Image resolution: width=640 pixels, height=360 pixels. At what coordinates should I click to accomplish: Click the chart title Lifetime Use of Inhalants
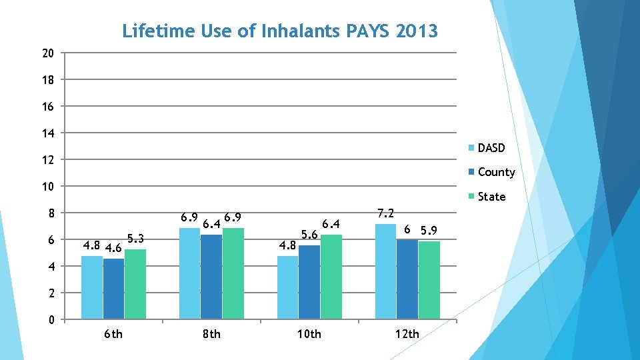pyautogui.click(x=280, y=31)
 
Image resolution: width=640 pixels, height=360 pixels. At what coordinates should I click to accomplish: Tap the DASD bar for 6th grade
pyautogui.click(x=92, y=287)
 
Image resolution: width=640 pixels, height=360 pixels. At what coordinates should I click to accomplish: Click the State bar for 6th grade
pyautogui.click(x=135, y=284)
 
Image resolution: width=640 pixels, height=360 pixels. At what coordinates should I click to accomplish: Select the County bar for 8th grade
pyautogui.click(x=211, y=277)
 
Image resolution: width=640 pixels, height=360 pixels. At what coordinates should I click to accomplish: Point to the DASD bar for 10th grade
pyautogui.click(x=287, y=287)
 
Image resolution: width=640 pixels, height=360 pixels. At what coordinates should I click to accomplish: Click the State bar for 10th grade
pyautogui.click(x=331, y=277)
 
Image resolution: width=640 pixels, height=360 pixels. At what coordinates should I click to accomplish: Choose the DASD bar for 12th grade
pyautogui.click(x=385, y=271)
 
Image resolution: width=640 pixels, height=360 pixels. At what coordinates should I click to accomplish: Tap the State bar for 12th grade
pyautogui.click(x=429, y=280)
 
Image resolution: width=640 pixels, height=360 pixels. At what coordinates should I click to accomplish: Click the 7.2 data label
pyautogui.click(x=385, y=213)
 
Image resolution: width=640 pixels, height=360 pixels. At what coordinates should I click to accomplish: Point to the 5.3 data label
pyautogui.click(x=135, y=238)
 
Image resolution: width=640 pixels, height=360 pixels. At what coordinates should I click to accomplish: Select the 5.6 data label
pyautogui.click(x=308, y=234)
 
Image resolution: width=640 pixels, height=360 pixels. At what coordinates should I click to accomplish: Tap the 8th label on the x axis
pyautogui.click(x=211, y=334)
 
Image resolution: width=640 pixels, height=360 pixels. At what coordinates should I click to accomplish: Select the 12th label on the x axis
pyautogui.click(x=407, y=334)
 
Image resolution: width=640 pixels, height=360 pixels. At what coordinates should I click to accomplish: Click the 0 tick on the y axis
pyautogui.click(x=51, y=320)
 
